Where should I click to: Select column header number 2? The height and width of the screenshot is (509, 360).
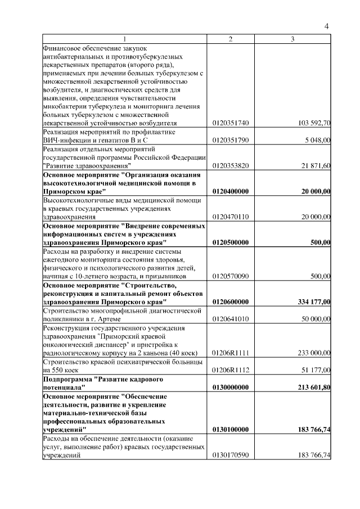coord(231,39)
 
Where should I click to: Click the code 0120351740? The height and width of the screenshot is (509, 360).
coord(231,123)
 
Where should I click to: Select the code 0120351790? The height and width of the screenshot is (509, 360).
coord(231,141)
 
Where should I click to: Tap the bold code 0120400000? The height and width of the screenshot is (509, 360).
coord(231,192)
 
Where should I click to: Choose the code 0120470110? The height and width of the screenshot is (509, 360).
coord(231,217)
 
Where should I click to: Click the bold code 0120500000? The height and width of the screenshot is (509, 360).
coord(231,242)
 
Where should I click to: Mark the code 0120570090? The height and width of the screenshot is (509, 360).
coord(231,276)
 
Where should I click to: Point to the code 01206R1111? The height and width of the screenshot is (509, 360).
coord(231,353)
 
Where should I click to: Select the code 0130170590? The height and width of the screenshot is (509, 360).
coord(231,455)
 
